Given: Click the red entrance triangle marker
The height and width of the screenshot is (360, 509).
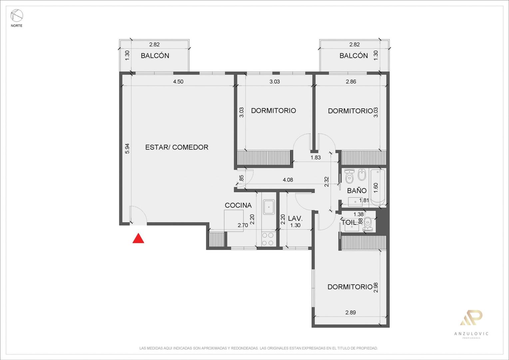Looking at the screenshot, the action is [138, 238].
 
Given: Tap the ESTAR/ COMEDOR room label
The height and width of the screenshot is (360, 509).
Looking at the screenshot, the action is [177, 147].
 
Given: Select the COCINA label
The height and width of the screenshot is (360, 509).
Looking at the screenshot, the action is [238, 205].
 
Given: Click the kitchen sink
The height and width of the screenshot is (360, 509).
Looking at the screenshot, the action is [269, 207].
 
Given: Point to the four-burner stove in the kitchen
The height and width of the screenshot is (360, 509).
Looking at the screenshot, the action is [268, 239].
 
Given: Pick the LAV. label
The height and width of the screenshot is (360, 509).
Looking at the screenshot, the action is [295, 219].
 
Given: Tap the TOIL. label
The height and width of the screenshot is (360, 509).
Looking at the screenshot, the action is [349, 222].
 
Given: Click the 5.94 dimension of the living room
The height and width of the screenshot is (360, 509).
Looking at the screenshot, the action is [127, 149].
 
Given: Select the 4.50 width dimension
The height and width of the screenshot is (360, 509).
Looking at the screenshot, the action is [178, 81].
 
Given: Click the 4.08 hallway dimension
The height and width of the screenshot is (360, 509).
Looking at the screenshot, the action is [288, 180].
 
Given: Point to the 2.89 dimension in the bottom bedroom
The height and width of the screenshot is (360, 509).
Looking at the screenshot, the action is [351, 312].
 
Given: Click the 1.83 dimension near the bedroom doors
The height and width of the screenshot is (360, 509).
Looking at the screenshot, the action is [315, 157].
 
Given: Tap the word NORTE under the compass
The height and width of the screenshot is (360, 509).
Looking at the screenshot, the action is [17, 26].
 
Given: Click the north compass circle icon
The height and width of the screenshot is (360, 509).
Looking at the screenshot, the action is [17, 16].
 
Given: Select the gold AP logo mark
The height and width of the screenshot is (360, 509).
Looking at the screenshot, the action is [471, 317].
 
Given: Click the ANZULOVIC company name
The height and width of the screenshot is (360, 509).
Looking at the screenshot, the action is [471, 334].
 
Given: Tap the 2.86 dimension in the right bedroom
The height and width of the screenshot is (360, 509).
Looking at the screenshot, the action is [351, 81].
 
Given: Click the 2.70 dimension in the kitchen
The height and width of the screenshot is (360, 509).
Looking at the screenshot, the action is [243, 225].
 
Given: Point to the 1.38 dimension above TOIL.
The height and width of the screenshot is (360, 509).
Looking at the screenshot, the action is [358, 214].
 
